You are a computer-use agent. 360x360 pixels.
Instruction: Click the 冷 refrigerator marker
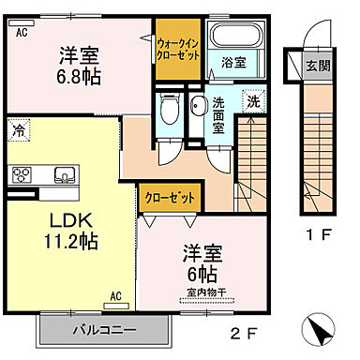(x=22, y=133)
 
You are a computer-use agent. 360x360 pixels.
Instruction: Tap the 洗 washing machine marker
(x=253, y=101)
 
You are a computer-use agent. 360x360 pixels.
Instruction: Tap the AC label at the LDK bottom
(x=117, y=296)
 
